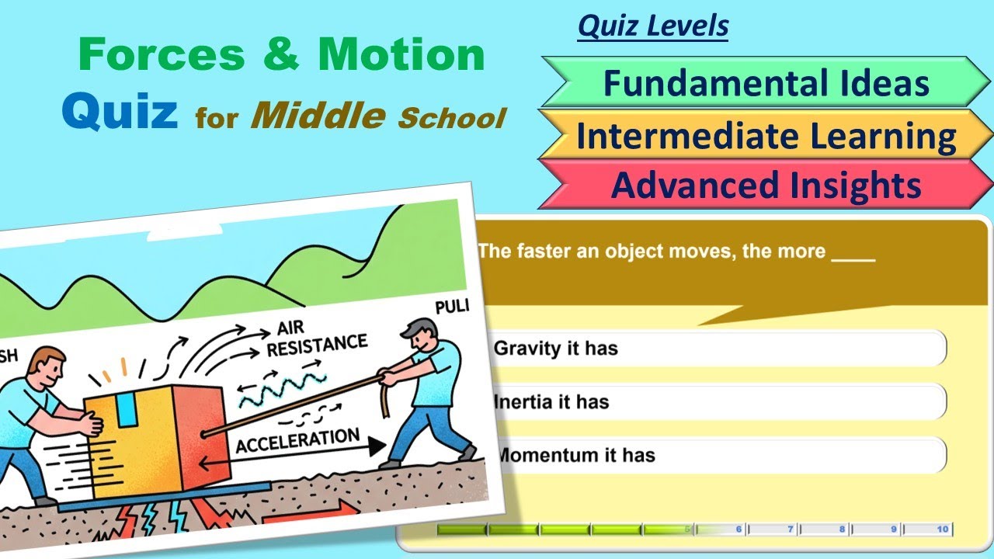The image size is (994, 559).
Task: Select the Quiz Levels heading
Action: [652, 26]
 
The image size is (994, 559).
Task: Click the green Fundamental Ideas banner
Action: [765, 83]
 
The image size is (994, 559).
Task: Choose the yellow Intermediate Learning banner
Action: [765, 137]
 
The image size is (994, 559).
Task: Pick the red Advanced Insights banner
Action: [765, 186]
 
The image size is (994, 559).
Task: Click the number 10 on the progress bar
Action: [942, 529]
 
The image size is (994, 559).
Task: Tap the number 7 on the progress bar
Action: [791, 529]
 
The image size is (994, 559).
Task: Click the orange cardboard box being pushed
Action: [155, 443]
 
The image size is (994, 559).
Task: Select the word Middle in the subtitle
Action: [319, 116]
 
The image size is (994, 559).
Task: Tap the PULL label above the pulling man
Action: [452, 307]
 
